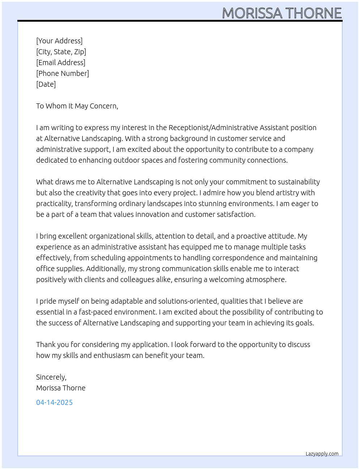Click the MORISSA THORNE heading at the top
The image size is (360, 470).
(282, 13)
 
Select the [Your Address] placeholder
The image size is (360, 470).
(59, 41)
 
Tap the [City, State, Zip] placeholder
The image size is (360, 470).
(61, 52)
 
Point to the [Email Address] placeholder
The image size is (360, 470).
(61, 63)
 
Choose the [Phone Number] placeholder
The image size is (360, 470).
(63, 73)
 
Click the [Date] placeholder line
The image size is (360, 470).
(46, 84)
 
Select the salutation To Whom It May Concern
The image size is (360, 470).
(77, 106)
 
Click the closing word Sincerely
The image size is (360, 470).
(51, 377)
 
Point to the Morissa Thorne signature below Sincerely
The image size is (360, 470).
(61, 388)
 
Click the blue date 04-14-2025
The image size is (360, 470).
(55, 402)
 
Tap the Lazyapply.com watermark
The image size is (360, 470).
(322, 454)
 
